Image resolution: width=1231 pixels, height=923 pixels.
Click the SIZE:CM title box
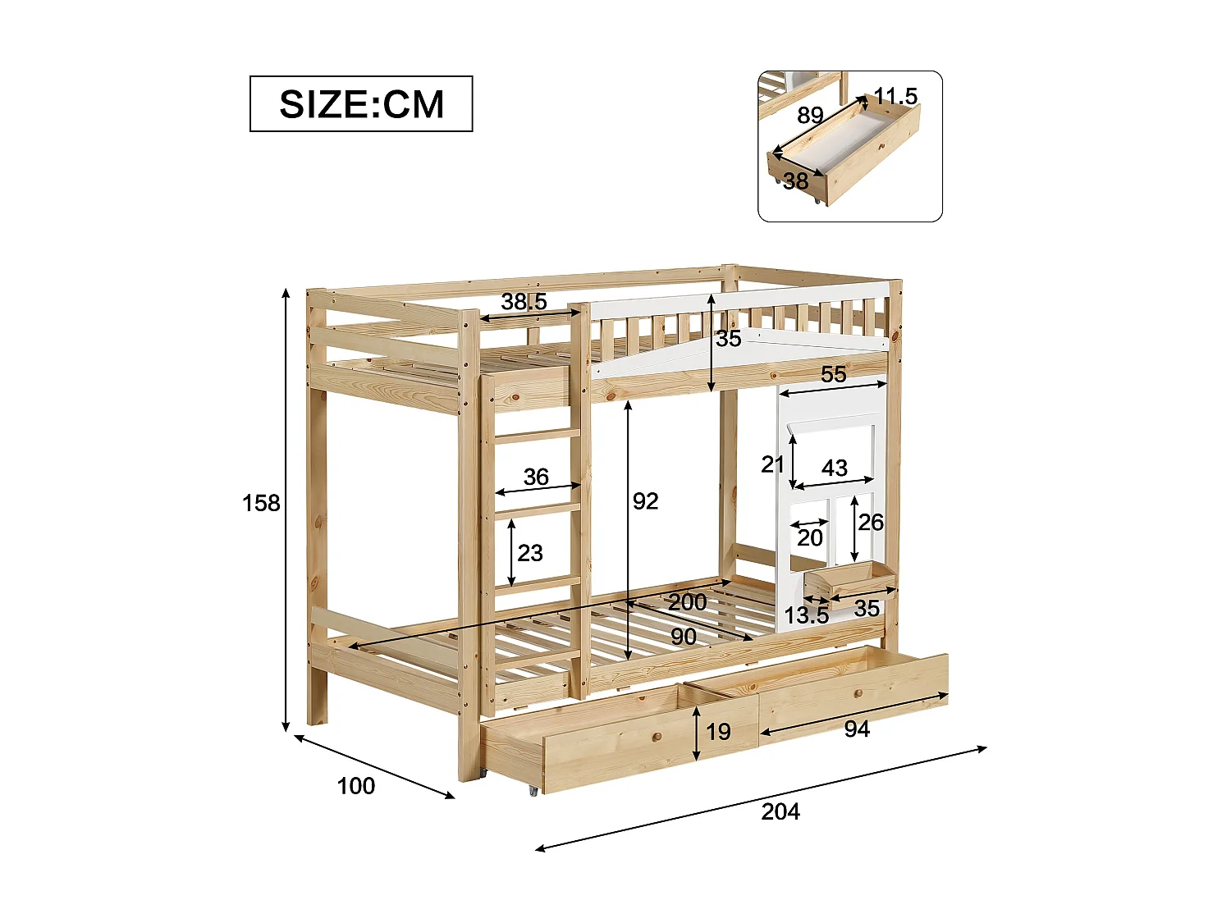click(x=361, y=104)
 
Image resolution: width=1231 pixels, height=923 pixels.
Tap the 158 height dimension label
click(x=261, y=503)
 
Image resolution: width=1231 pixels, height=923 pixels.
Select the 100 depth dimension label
click(x=355, y=786)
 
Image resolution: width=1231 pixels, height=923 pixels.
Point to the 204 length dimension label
click(x=780, y=811)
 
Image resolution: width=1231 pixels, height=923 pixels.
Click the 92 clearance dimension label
click(x=645, y=501)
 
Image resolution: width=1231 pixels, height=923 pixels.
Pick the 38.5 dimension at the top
click(x=524, y=302)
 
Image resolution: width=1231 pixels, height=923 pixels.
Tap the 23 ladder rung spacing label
click(x=530, y=553)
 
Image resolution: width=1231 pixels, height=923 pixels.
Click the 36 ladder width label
click(x=536, y=477)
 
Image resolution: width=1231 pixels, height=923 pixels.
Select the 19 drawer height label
click(x=718, y=731)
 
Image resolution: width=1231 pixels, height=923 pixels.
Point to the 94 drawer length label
click(x=857, y=729)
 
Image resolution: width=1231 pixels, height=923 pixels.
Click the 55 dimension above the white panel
click(x=833, y=374)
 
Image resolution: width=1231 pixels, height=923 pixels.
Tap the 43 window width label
click(x=835, y=468)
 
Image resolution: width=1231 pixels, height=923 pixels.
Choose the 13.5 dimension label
click(x=806, y=615)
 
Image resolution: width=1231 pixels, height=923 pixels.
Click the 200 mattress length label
click(x=687, y=602)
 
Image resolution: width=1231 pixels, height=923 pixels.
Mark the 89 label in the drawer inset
click(x=810, y=115)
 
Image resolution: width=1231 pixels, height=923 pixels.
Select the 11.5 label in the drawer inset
click(x=895, y=97)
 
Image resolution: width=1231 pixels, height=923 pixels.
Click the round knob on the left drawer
click(x=657, y=737)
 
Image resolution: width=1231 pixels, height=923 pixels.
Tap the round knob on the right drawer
click(x=858, y=694)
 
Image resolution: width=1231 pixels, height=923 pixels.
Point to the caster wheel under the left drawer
click(x=533, y=790)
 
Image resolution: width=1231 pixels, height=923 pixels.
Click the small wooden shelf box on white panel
click(x=849, y=579)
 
